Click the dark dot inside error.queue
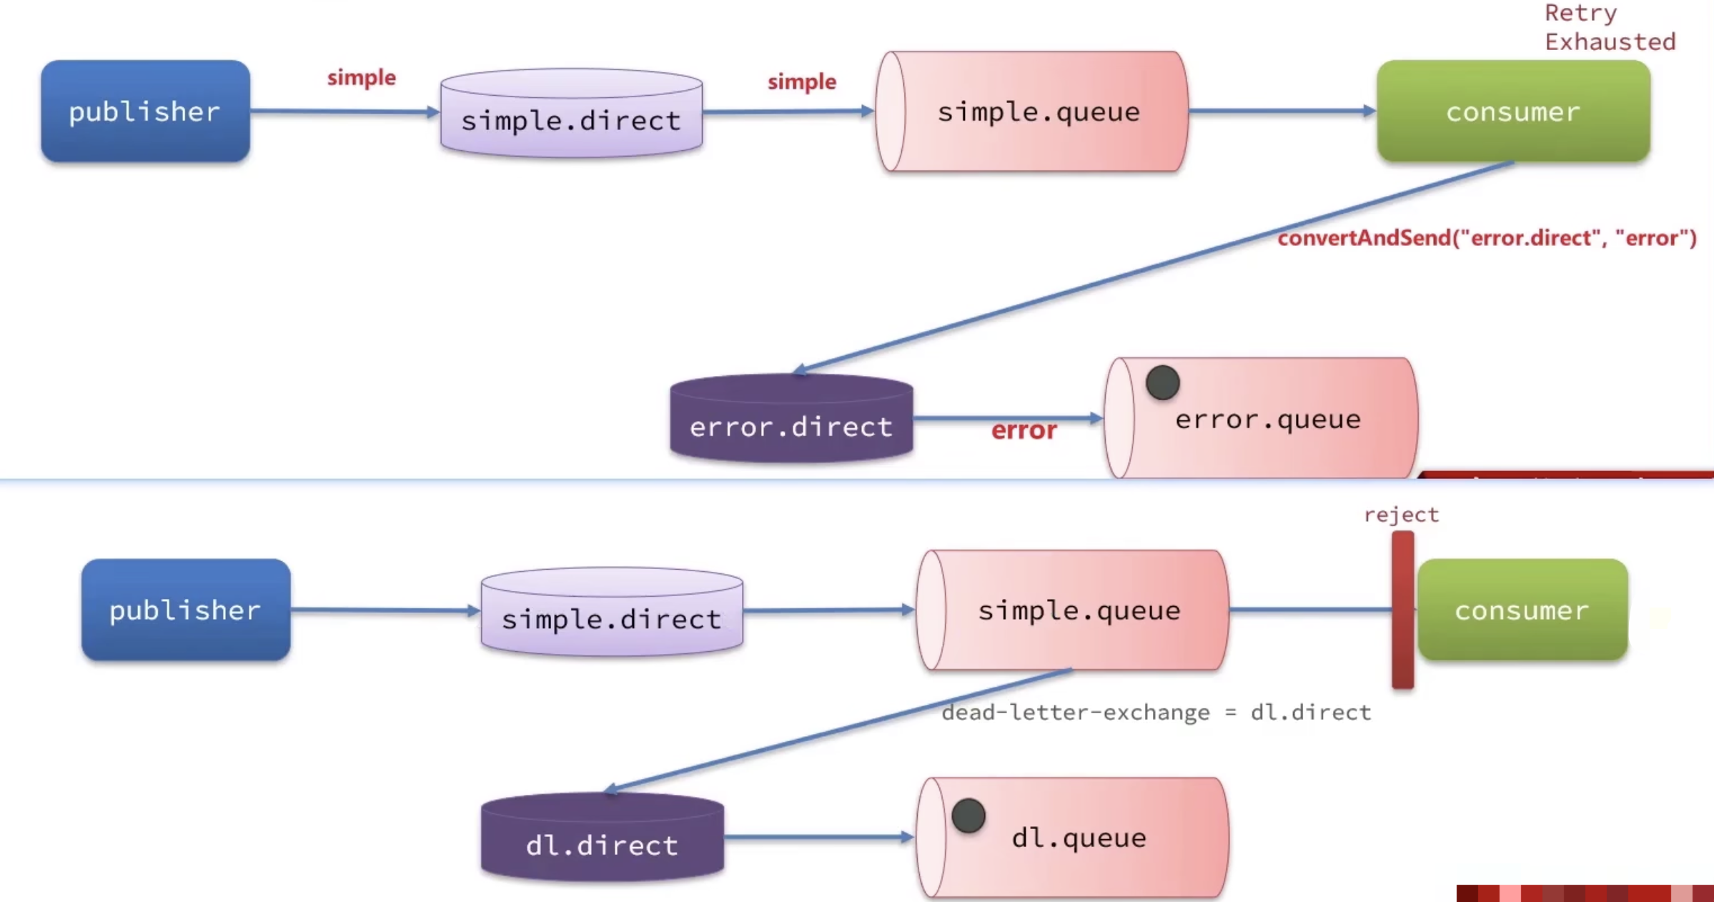tap(1162, 382)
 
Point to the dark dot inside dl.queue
tap(969, 816)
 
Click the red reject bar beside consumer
tap(1402, 610)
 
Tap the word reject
tap(1401, 515)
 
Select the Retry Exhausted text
tap(1610, 27)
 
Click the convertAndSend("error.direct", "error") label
tap(1487, 238)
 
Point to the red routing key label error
tap(1024, 430)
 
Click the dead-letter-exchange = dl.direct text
tap(1156, 713)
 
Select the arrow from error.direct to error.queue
tap(1008, 418)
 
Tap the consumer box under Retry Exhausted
tap(1513, 111)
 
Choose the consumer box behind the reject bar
tap(1522, 610)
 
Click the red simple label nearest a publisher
tap(362, 77)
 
